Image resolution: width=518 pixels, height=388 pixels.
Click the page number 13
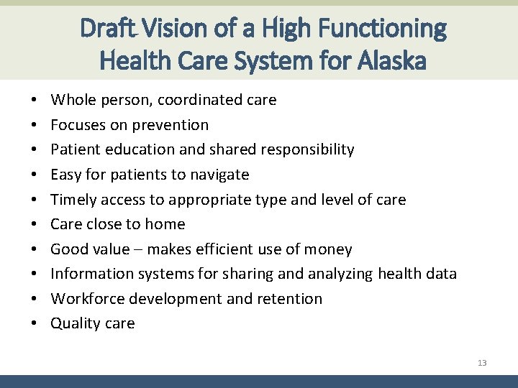coord(482,363)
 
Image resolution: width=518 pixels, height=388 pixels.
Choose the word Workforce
coord(88,299)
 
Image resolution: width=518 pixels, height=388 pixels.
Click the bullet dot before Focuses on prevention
coord(35,125)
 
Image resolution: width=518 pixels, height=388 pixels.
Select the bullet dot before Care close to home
coord(35,224)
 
